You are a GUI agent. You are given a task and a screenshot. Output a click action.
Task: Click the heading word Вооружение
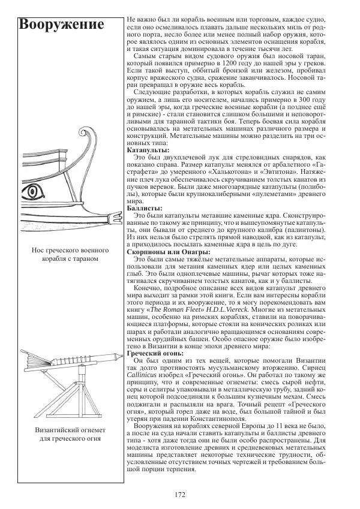61,25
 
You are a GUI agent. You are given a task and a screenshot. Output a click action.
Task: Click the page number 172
179,495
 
